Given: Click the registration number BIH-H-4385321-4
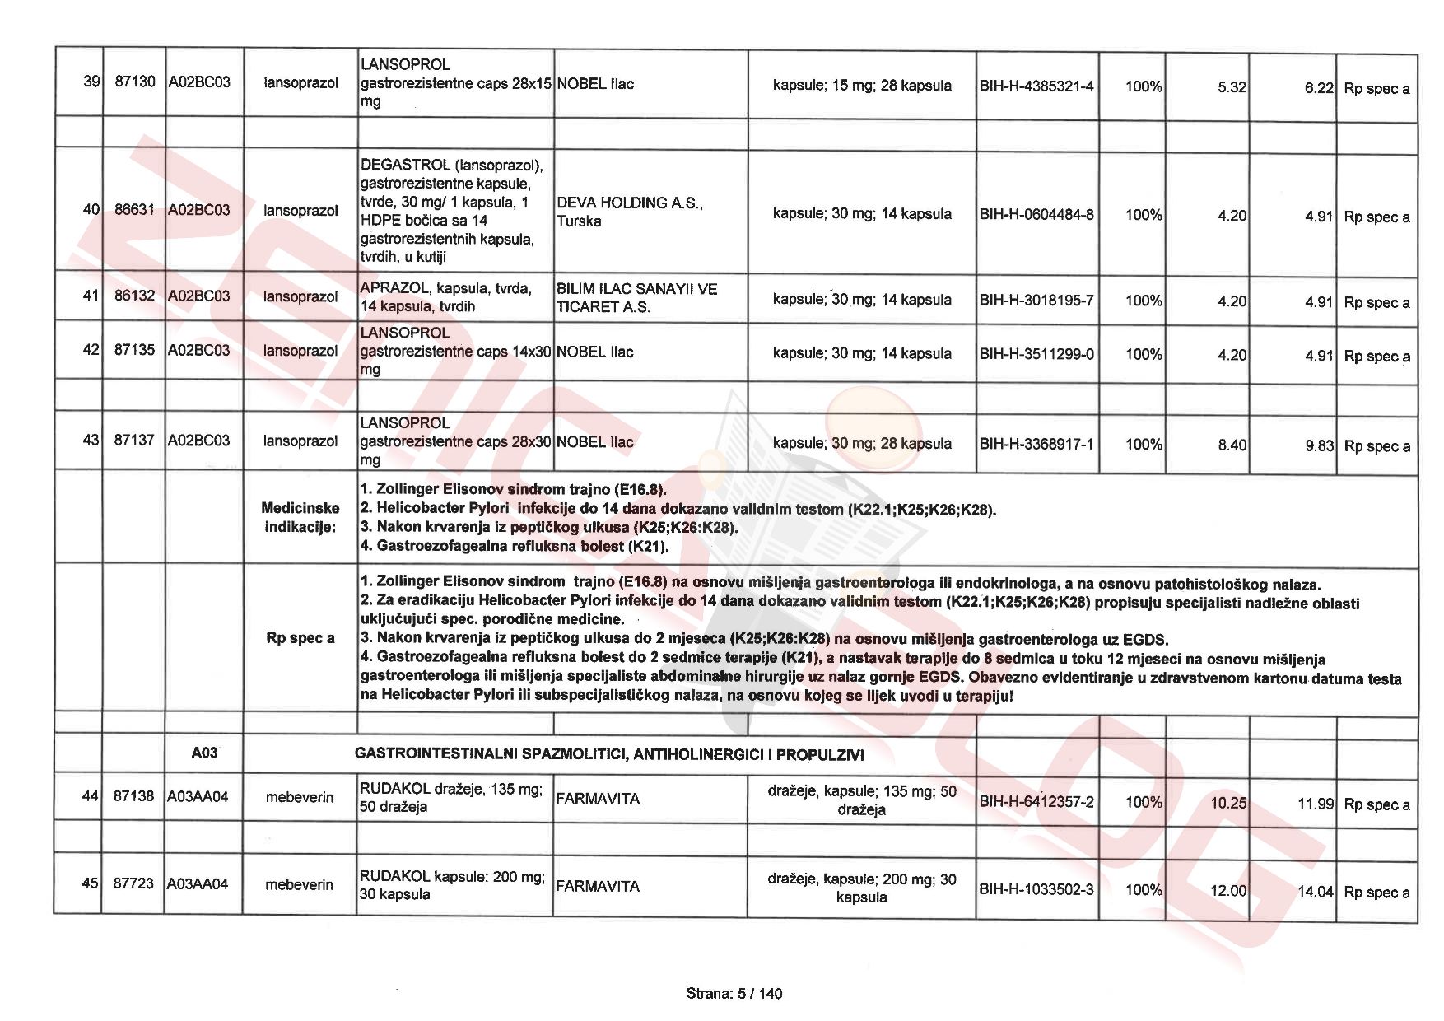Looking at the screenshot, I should pyautogui.click(x=1036, y=86).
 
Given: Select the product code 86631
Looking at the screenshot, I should pyautogui.click(x=134, y=210).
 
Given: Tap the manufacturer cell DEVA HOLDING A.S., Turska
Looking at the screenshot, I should pyautogui.click(x=630, y=212).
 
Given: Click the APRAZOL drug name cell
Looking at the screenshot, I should pyautogui.click(x=445, y=297).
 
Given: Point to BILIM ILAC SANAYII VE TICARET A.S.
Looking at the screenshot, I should pyautogui.click(x=636, y=298).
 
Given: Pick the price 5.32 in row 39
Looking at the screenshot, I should pyautogui.click(x=1232, y=87).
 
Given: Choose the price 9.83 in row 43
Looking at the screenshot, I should pyautogui.click(x=1319, y=445).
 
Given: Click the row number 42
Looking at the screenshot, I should pyautogui.click(x=91, y=350).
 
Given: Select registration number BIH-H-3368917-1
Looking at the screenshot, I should pyautogui.click(x=1036, y=445).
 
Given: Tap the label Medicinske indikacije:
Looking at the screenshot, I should pyautogui.click(x=300, y=518).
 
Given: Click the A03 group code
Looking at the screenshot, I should pyautogui.click(x=204, y=753).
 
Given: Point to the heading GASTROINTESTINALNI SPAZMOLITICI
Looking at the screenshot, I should pyautogui.click(x=609, y=754).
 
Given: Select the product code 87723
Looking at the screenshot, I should pyautogui.click(x=133, y=883).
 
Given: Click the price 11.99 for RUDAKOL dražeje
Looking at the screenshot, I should pyautogui.click(x=1316, y=804).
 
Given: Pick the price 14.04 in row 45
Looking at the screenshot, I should pyautogui.click(x=1316, y=892).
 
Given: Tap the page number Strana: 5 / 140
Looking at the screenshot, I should pyautogui.click(x=734, y=994).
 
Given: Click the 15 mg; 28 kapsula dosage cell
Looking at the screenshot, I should pyautogui.click(x=862, y=86).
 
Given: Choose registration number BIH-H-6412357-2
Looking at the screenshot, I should pyautogui.click(x=1036, y=802).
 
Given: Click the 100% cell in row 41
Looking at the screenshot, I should pyautogui.click(x=1144, y=301).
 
